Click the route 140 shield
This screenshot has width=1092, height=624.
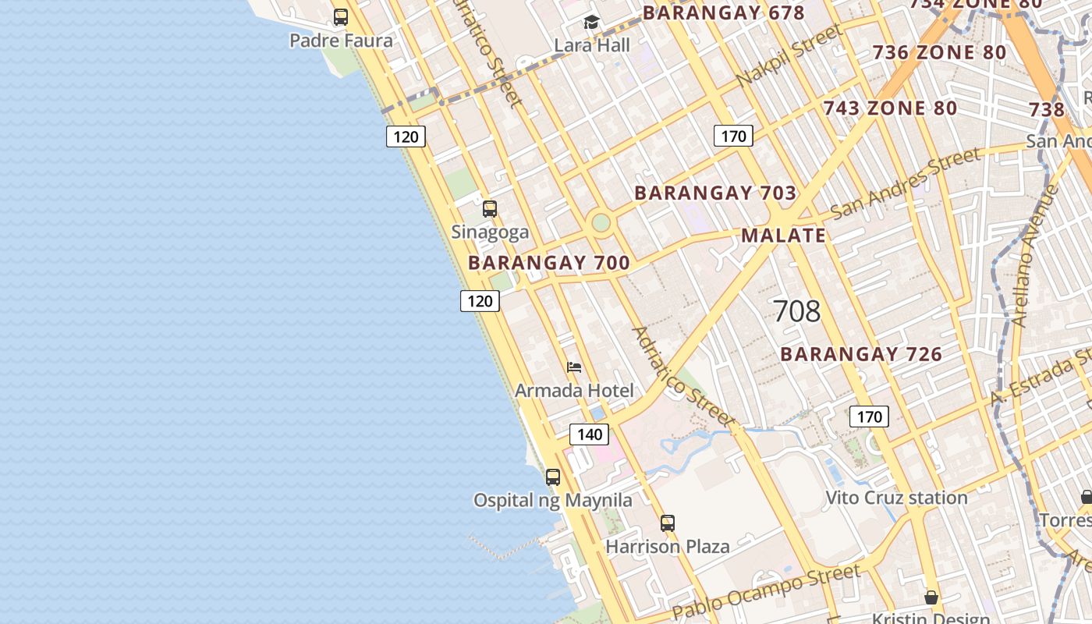(x=589, y=434)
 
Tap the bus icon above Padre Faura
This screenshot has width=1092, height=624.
(x=341, y=17)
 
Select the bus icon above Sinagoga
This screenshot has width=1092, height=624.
(x=490, y=209)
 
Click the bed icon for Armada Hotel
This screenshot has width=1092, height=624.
(x=574, y=367)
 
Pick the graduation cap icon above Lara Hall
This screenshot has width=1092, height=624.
(x=592, y=23)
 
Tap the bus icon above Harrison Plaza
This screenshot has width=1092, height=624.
(x=668, y=523)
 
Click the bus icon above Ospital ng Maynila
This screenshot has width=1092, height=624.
(x=553, y=477)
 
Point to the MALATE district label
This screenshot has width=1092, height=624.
(x=783, y=236)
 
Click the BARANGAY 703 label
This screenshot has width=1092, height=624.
(x=715, y=193)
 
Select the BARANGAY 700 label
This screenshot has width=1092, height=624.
(x=549, y=263)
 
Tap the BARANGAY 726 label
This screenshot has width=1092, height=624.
(x=861, y=354)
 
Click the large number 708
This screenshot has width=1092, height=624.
(x=796, y=311)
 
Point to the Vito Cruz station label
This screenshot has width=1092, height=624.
(x=896, y=498)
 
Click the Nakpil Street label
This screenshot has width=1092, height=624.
(x=789, y=56)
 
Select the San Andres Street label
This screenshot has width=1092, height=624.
(x=905, y=184)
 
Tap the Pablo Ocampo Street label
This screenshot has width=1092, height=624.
(x=766, y=590)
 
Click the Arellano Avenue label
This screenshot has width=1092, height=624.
(x=1035, y=256)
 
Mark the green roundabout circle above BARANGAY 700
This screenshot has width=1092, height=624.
(x=601, y=223)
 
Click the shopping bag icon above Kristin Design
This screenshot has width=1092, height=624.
(x=931, y=598)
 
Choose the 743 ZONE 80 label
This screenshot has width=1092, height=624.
(x=890, y=108)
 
